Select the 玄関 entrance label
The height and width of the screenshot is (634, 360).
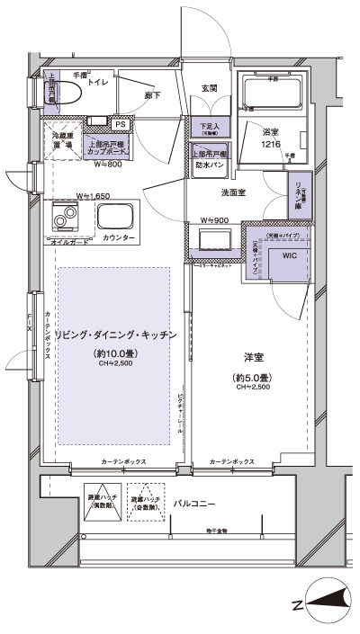tap(208, 88)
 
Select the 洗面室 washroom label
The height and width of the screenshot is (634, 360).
tap(235, 192)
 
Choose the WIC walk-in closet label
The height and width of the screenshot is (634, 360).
tap(288, 255)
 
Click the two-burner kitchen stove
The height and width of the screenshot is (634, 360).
tap(66, 217)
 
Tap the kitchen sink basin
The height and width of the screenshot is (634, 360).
tap(118, 217)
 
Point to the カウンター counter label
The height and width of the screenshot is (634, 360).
tap(119, 239)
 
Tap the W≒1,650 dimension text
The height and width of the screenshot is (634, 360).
tap(93, 195)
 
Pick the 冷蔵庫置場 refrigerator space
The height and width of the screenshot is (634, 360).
tap(61, 141)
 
